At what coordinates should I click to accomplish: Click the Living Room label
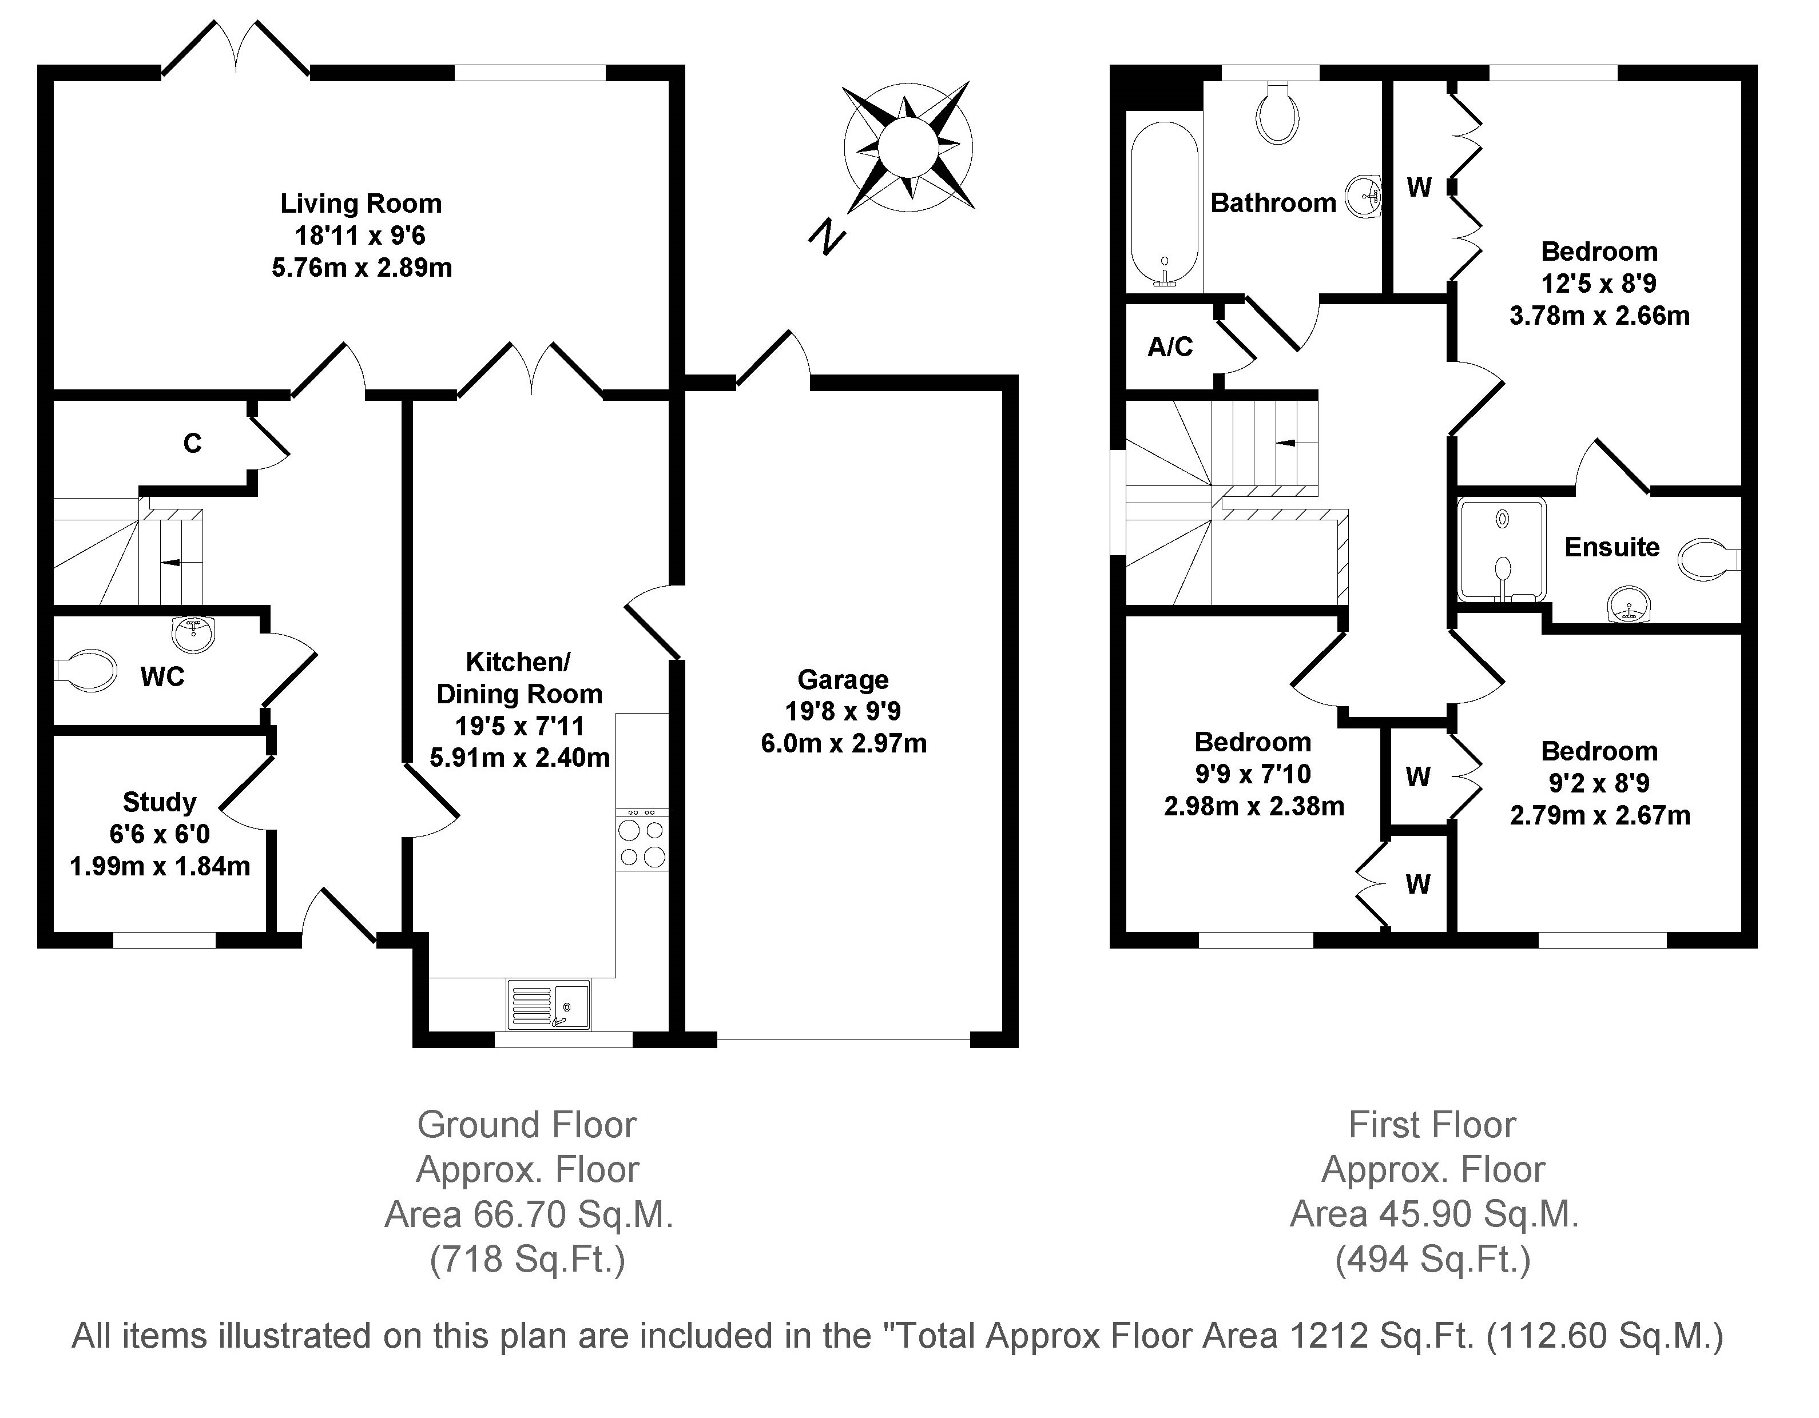click(x=360, y=203)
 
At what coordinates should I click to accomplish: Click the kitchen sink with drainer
click(x=548, y=1005)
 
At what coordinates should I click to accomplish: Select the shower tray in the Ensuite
click(x=1502, y=549)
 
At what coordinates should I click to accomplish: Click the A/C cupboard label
click(x=1170, y=346)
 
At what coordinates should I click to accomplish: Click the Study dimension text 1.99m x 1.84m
click(x=160, y=867)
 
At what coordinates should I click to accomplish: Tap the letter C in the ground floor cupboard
click(x=192, y=444)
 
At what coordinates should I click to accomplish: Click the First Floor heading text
click(x=1432, y=1125)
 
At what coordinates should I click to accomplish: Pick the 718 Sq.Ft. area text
click(x=527, y=1259)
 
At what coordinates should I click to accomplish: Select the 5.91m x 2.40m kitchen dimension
click(x=520, y=758)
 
